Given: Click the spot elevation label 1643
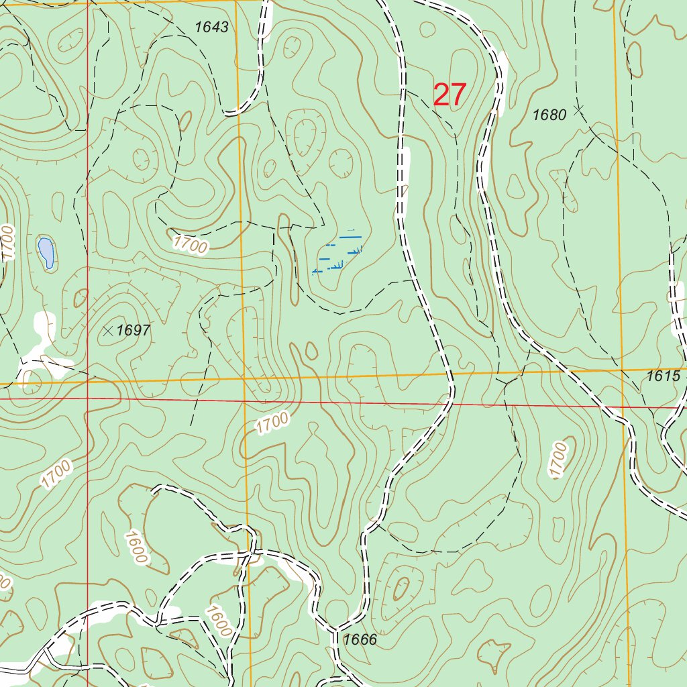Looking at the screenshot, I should click(212, 28).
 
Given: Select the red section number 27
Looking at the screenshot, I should click(450, 95).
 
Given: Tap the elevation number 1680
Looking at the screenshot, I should click(549, 115).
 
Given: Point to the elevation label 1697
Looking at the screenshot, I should click(133, 330).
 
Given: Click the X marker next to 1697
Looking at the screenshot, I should click(109, 329).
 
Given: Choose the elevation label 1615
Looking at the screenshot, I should click(664, 376).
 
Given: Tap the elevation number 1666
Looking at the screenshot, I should click(360, 639).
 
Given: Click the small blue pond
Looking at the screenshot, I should click(46, 252).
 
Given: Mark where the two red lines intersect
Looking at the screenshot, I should click(88, 398).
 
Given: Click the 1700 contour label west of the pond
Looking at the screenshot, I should click(7, 243).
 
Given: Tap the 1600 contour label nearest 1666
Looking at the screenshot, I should click(219, 622).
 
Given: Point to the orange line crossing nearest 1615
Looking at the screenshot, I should click(622, 370).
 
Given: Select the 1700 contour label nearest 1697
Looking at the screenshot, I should click(190, 245).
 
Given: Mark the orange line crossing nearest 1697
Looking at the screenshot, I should click(88, 382).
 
